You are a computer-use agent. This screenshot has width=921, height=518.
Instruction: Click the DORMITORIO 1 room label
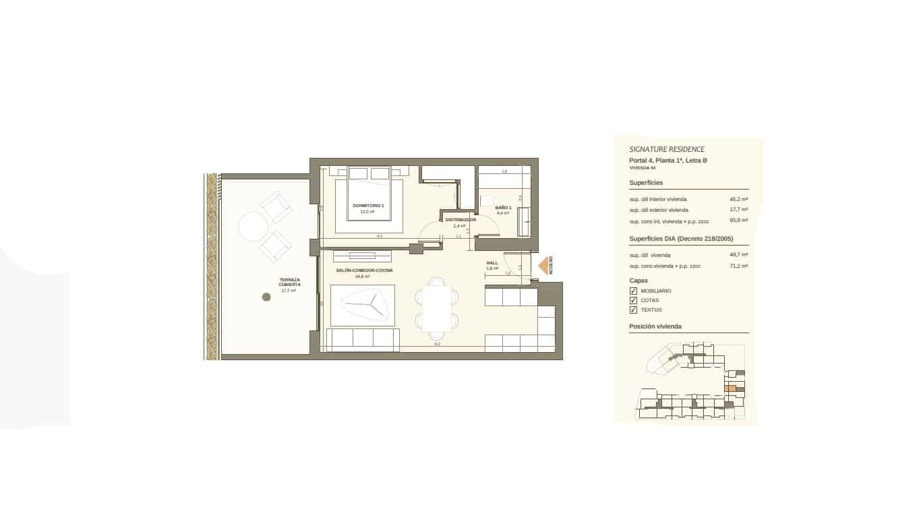pos(368,205)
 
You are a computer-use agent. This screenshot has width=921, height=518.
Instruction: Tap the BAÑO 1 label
pos(504,208)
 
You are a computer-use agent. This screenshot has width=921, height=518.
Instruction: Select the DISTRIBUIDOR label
pos(460,220)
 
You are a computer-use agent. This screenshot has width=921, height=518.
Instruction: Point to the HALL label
pos(492,263)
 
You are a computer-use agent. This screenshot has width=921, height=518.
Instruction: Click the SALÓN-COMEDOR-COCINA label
pos(364,270)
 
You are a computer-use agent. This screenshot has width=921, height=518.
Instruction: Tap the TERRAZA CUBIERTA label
pos(289,283)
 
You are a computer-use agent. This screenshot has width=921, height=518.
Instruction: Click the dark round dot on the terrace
pos(266,297)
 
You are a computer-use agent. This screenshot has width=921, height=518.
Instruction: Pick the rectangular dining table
pos(437,308)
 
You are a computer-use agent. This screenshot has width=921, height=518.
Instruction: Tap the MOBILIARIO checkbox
pos(633,291)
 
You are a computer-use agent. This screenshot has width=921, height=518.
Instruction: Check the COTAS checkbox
pos(633,300)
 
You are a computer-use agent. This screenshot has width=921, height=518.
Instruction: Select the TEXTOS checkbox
pos(633,310)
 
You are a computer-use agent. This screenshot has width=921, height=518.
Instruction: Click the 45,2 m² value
pos(738,199)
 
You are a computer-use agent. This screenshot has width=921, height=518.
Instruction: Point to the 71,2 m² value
pos(738,266)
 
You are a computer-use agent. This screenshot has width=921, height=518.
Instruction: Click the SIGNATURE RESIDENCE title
pos(667,149)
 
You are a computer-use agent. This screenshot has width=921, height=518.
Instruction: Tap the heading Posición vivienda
pos(655,326)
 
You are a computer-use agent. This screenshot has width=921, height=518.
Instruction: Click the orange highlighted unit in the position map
pos(730,388)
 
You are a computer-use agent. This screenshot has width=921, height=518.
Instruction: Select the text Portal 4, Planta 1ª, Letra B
pos(668,161)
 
